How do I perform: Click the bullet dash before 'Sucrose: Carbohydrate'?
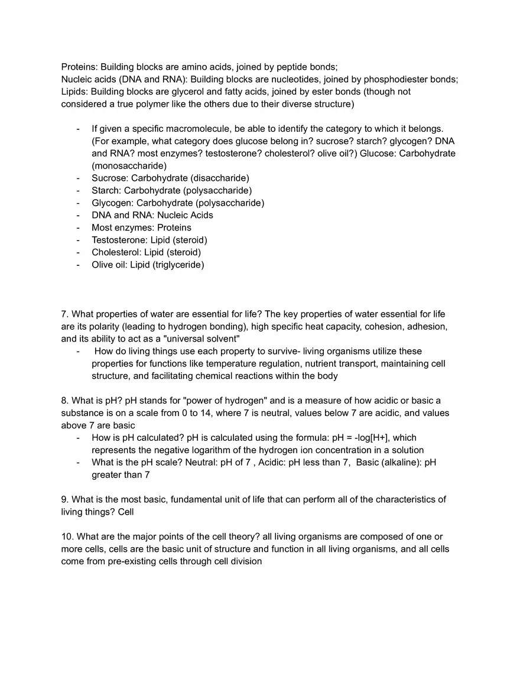click(x=78, y=178)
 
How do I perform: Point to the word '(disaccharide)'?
click(x=220, y=178)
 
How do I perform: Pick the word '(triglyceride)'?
click(x=178, y=265)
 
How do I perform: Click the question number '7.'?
click(x=65, y=314)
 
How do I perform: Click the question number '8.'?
click(x=65, y=401)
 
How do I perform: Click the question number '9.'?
click(x=65, y=499)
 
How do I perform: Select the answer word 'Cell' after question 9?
click(x=126, y=512)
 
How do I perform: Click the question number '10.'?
click(x=67, y=537)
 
